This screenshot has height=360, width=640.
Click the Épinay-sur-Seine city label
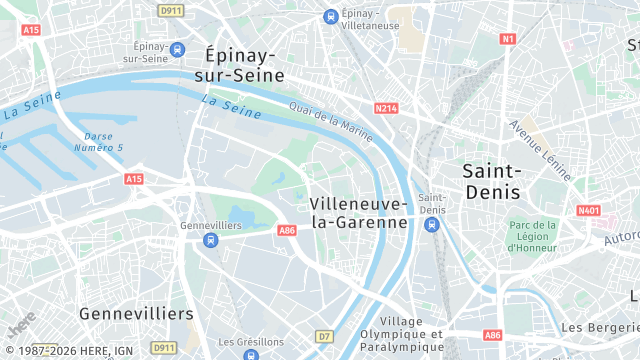[244, 64]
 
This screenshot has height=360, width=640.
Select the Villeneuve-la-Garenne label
[359, 213]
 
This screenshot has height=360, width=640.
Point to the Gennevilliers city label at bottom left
[136, 314]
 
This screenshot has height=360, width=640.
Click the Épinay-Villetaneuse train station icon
[331, 15]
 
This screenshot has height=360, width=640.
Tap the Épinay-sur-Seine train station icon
[177, 49]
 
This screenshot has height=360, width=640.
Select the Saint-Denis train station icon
[432, 225]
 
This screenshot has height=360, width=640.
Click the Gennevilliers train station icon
[210, 240]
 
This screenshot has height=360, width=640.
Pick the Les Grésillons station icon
[250, 354]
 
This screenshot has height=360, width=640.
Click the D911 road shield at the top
[171, 9]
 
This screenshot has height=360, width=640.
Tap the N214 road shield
[387, 107]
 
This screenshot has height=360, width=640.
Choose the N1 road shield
[508, 39]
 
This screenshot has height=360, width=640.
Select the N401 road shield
[588, 210]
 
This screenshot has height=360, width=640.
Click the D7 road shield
[324, 336]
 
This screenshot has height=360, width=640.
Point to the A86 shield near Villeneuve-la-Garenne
[287, 231]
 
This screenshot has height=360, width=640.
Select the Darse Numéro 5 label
[104, 142]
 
